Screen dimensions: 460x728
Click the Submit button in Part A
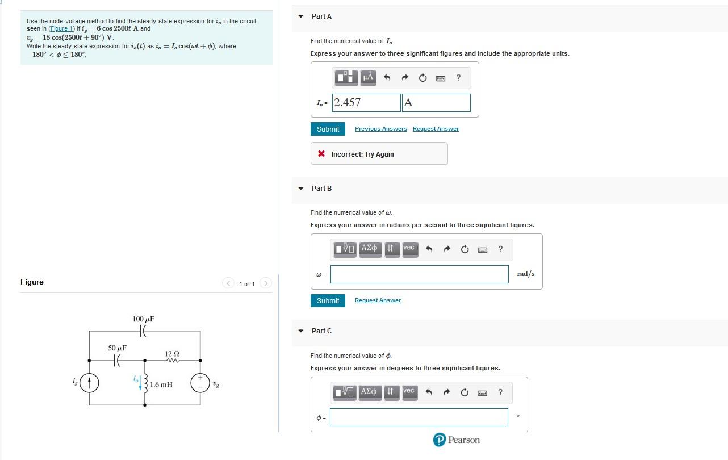coord(328,129)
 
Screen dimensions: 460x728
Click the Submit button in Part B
coord(328,300)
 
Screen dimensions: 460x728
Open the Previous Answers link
coord(380,129)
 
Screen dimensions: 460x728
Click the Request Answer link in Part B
coord(378,300)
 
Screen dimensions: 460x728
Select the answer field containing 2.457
coord(366,103)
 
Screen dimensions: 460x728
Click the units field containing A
coord(436,103)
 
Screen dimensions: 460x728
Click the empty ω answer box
coord(419,274)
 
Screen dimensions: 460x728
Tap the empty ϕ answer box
coord(419,417)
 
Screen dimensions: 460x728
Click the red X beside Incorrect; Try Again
coord(321,154)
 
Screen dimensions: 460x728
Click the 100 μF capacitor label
coord(143,319)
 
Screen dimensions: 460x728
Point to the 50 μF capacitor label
coord(118,348)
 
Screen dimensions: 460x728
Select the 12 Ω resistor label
coord(172,354)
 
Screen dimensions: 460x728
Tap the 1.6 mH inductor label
coord(161,384)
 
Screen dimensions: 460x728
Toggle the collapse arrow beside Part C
coord(301,331)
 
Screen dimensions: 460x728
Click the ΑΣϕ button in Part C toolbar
coord(369,391)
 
